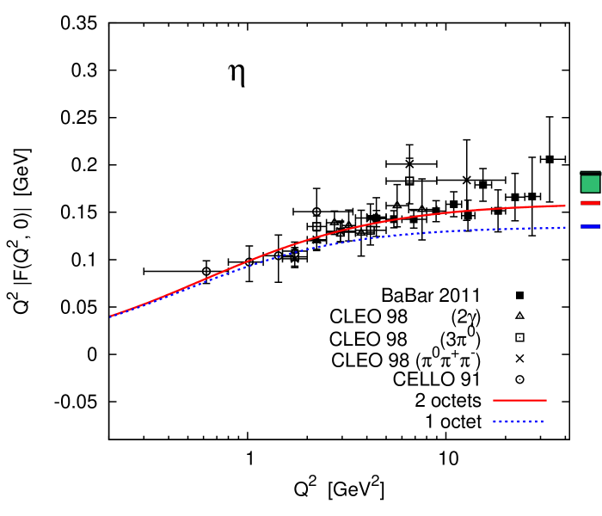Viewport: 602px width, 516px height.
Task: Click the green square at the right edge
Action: pos(590,183)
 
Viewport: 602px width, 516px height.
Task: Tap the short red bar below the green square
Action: pos(590,203)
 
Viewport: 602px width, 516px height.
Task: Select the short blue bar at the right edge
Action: pos(590,226)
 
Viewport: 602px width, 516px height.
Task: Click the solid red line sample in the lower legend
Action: pos(519,400)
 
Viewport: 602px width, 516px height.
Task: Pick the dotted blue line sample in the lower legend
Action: pos(519,421)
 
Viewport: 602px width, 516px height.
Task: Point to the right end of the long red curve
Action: pos(565,206)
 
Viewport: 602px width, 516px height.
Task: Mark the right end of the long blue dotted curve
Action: pos(565,228)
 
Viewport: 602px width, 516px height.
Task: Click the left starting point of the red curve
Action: pos(111,316)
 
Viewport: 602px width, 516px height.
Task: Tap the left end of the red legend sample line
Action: pos(494,400)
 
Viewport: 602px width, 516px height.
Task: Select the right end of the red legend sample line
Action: pos(546,400)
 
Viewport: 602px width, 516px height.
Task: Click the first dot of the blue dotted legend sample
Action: pos(494,421)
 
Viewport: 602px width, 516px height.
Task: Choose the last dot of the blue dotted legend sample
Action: pos(543,421)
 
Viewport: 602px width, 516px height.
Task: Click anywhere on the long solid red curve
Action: pos(344,230)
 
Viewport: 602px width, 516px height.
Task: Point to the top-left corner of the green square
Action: pos(581,175)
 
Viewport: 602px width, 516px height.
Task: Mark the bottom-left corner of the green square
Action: pos(581,192)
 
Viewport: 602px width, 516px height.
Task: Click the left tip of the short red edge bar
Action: pos(581,203)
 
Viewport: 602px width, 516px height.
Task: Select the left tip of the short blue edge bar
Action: pos(581,226)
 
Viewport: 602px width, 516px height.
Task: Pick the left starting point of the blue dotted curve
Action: pos(111,317)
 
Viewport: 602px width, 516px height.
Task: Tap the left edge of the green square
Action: pos(581,183)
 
